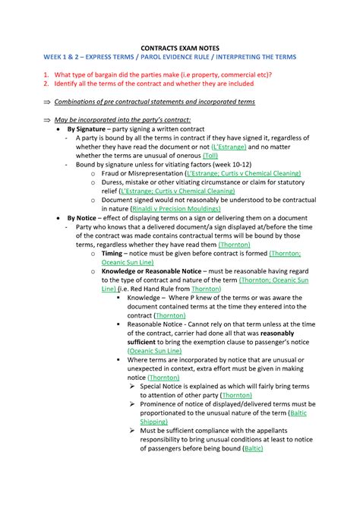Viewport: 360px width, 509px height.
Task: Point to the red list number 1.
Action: point(46,74)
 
